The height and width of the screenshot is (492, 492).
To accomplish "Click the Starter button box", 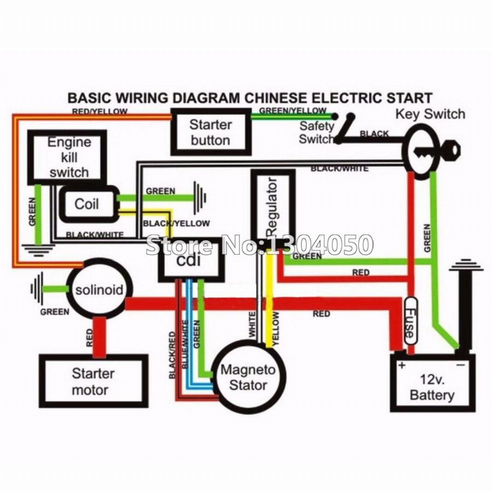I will coord(210,132).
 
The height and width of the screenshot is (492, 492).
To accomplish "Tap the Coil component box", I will coord(87,204).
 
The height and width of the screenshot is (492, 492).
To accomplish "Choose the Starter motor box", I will coord(93,382).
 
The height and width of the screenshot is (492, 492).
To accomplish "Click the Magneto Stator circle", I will coord(248,377).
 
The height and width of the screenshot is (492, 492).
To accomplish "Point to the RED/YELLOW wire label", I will coord(100,112).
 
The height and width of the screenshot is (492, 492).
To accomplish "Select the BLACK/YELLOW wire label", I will coord(176,223).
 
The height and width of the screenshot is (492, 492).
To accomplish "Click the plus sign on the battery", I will coord(401,365).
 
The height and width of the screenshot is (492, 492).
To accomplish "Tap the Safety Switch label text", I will coord(317,132).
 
